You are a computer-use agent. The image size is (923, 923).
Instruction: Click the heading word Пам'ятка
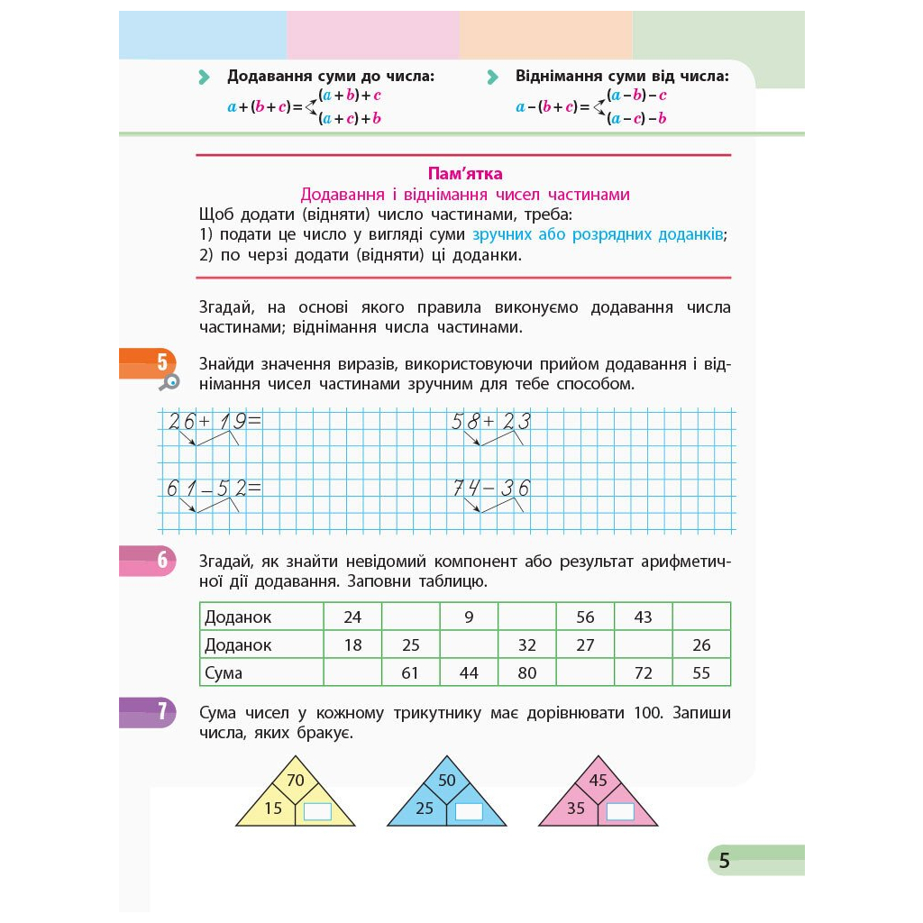pyautogui.click(x=463, y=174)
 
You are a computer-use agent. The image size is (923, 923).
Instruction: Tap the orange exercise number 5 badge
pyautogui.click(x=161, y=362)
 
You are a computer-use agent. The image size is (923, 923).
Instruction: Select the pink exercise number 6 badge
pyautogui.click(x=161, y=560)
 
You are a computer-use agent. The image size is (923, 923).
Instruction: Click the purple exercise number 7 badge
pyautogui.click(x=161, y=711)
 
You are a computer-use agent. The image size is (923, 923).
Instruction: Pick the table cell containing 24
pyautogui.click(x=352, y=617)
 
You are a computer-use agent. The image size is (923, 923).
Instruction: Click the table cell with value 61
pyautogui.click(x=410, y=672)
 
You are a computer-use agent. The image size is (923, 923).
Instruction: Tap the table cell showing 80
pyautogui.click(x=527, y=672)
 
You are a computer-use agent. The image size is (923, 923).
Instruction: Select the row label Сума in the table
pyautogui.click(x=224, y=672)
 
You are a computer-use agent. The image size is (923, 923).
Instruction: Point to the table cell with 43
pyautogui.click(x=643, y=617)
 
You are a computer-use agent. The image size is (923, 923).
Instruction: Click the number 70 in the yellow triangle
pyautogui.click(x=295, y=781)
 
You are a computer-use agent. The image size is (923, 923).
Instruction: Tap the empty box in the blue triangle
pyautogui.click(x=469, y=812)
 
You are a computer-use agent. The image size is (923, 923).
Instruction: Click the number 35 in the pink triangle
pyautogui.click(x=575, y=809)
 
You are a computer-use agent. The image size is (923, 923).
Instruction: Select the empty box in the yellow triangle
pyautogui.click(x=317, y=812)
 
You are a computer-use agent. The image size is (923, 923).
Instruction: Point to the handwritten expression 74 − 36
pyautogui.click(x=491, y=489)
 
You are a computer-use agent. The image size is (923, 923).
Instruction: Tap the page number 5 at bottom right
pyautogui.click(x=724, y=861)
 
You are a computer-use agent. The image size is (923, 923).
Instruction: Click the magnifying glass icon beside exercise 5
pyautogui.click(x=169, y=382)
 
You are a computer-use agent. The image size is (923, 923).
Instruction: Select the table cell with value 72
pyautogui.click(x=643, y=672)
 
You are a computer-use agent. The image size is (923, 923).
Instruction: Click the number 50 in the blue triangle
pyautogui.click(x=446, y=781)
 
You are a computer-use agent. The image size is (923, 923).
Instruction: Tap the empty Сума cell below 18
pyautogui.click(x=352, y=672)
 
